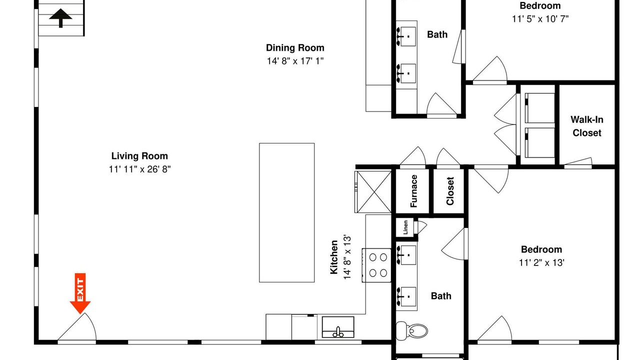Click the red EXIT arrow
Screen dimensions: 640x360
80,293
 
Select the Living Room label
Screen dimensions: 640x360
139,156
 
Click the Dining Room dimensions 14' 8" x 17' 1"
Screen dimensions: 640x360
295,61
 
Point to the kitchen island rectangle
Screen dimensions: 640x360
287,212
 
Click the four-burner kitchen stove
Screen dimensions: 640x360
376,265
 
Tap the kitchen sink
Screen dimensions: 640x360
338,327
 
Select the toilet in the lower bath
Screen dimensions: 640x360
411,331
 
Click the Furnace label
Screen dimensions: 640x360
413,191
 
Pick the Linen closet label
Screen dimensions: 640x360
405,227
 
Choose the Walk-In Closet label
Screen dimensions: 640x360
587,126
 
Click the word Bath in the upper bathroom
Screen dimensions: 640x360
437,34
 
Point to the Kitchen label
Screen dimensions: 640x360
334,257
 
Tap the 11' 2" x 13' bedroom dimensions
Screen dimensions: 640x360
541,262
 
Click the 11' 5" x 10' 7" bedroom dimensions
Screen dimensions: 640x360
540,19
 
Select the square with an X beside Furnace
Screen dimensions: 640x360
373,191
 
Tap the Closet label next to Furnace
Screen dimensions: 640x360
449,191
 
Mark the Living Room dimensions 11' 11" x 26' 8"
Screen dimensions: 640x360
139,169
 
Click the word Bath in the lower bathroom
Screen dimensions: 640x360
441,295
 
